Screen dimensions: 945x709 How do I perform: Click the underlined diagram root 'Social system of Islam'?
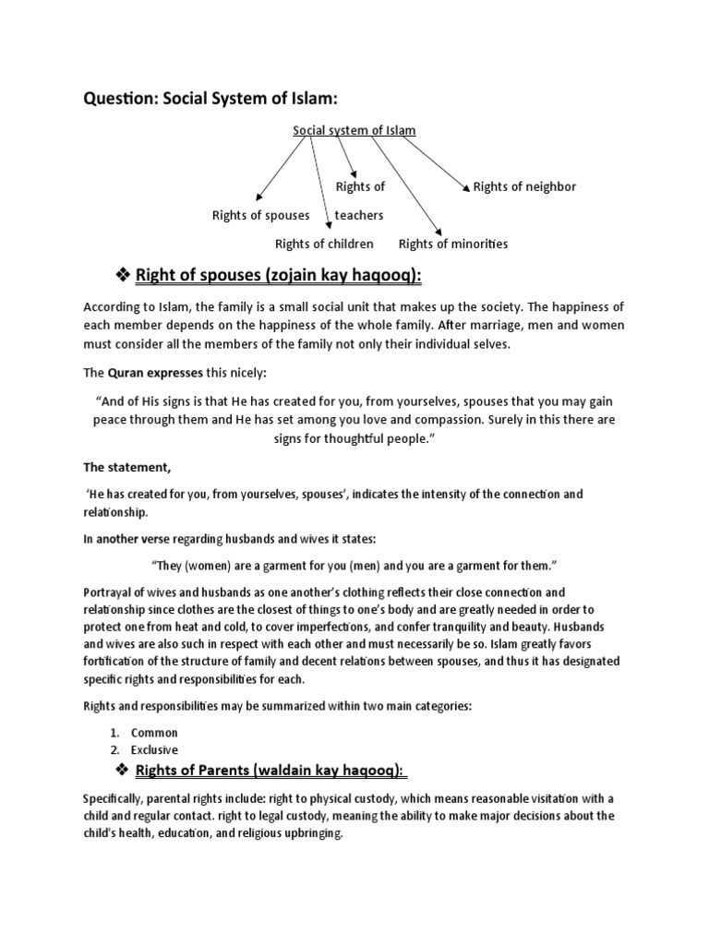354,130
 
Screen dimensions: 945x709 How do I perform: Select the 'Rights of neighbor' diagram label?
524,186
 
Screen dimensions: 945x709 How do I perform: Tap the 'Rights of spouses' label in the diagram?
261,215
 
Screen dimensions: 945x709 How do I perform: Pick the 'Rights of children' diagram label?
324,244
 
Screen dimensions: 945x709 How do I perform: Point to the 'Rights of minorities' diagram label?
453,244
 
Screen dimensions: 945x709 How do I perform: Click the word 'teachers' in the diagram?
359,215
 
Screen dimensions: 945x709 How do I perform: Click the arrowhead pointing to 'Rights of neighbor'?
466,187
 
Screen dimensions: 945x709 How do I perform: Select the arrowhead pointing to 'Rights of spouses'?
258,197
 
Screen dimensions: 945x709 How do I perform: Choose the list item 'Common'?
154,732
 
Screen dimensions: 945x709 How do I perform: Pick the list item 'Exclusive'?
154,749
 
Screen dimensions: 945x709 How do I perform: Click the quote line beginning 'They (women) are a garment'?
354,564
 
